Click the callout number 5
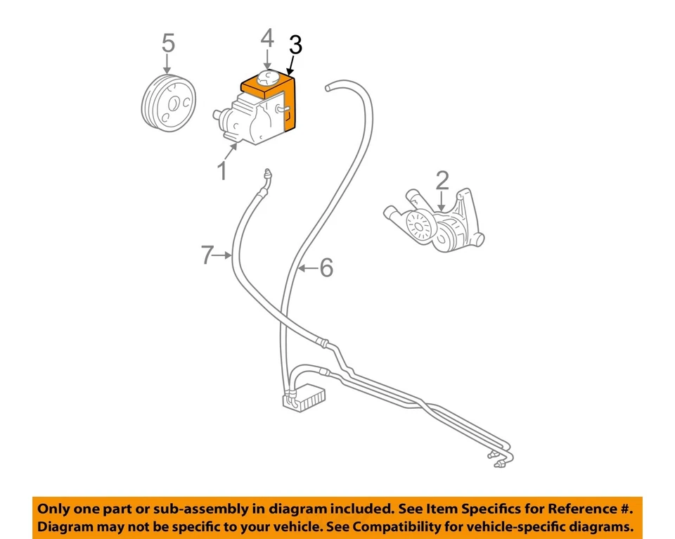point(168,43)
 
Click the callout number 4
point(267,38)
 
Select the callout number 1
point(222,170)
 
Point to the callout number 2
point(442,180)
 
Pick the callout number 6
point(326,267)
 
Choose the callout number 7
point(206,255)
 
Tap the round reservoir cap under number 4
point(267,77)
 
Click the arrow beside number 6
point(307,267)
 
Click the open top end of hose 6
point(328,87)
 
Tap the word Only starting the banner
point(55,508)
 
